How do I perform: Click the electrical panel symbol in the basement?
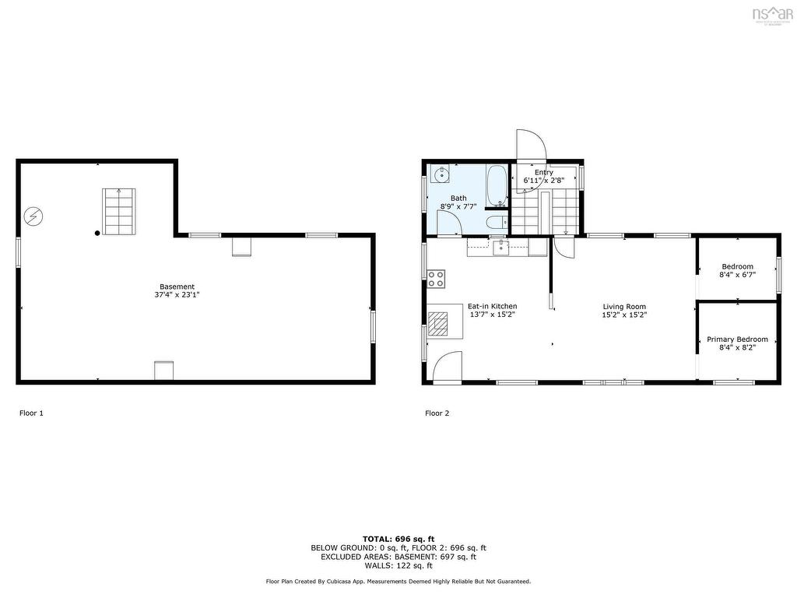34,216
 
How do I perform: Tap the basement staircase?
119,211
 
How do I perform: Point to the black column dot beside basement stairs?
97,232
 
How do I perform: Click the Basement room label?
177,287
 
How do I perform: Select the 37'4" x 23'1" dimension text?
177,295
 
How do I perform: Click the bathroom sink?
441,174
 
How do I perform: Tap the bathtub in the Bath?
496,185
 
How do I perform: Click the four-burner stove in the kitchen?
436,279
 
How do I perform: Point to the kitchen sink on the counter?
502,248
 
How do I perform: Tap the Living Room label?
624,307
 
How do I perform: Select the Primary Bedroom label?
736,339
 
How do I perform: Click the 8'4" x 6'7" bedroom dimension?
736,275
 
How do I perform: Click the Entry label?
543,172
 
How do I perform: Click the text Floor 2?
437,413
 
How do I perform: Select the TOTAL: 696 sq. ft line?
398,539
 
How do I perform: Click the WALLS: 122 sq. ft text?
398,566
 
